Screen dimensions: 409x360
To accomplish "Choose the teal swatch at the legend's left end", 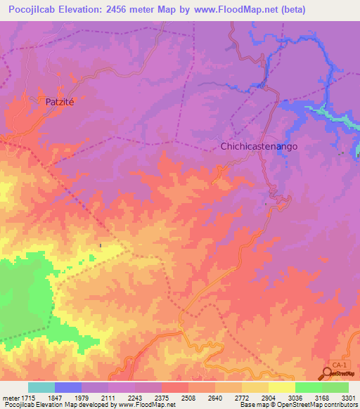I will pos(41,387).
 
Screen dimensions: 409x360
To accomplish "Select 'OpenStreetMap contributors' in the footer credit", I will pos(319,405).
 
